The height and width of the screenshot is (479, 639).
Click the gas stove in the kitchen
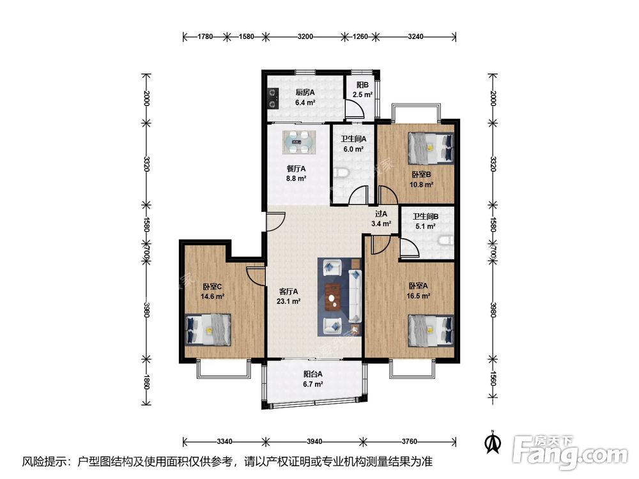(x=273, y=99)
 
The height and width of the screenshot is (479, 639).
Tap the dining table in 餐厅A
(x=300, y=142)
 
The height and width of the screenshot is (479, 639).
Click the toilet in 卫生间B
(x=447, y=241)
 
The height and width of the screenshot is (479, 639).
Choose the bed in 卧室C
(x=208, y=330)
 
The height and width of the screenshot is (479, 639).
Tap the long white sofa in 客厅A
(x=355, y=296)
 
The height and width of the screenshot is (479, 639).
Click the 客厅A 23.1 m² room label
(x=289, y=296)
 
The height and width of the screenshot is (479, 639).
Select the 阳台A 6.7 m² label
(x=313, y=379)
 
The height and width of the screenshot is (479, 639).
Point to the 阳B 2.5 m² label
(x=362, y=89)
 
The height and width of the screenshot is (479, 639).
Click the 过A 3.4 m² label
(x=381, y=218)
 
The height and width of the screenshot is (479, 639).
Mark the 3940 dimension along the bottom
(x=314, y=441)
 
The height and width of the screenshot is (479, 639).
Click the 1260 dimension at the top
(x=360, y=36)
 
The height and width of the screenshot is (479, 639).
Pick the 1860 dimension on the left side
(x=146, y=381)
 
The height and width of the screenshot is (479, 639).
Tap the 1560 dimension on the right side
(x=493, y=379)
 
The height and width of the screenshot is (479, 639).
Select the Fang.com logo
(x=570, y=452)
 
